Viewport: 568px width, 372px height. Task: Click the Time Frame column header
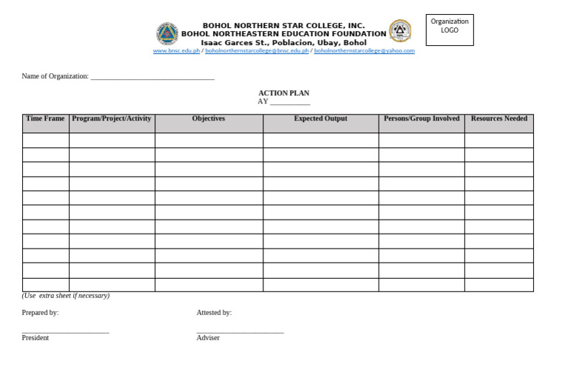point(45,118)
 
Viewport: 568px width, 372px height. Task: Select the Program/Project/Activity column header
point(112,118)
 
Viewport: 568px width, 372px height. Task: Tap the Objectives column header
point(209,118)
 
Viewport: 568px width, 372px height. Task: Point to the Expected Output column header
point(320,118)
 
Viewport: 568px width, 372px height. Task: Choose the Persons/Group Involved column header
point(422,118)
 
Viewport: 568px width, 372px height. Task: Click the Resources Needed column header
point(498,118)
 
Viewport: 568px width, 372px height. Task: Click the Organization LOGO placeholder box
point(449,29)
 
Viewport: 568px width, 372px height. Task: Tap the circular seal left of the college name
point(166,33)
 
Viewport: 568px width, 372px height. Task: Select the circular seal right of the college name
point(400,30)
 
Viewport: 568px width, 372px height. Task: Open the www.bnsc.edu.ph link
point(176,51)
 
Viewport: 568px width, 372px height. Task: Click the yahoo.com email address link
point(364,51)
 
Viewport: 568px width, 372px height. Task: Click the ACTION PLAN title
point(283,93)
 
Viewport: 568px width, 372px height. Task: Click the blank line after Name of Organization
point(152,77)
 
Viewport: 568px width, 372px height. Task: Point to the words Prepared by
point(40,313)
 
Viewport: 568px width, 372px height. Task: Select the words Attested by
point(214,313)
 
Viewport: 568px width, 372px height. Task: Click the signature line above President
point(65,332)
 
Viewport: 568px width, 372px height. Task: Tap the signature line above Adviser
point(240,332)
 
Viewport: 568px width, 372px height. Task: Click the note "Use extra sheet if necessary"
point(66,296)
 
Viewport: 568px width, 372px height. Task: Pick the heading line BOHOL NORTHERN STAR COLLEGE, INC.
point(283,25)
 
